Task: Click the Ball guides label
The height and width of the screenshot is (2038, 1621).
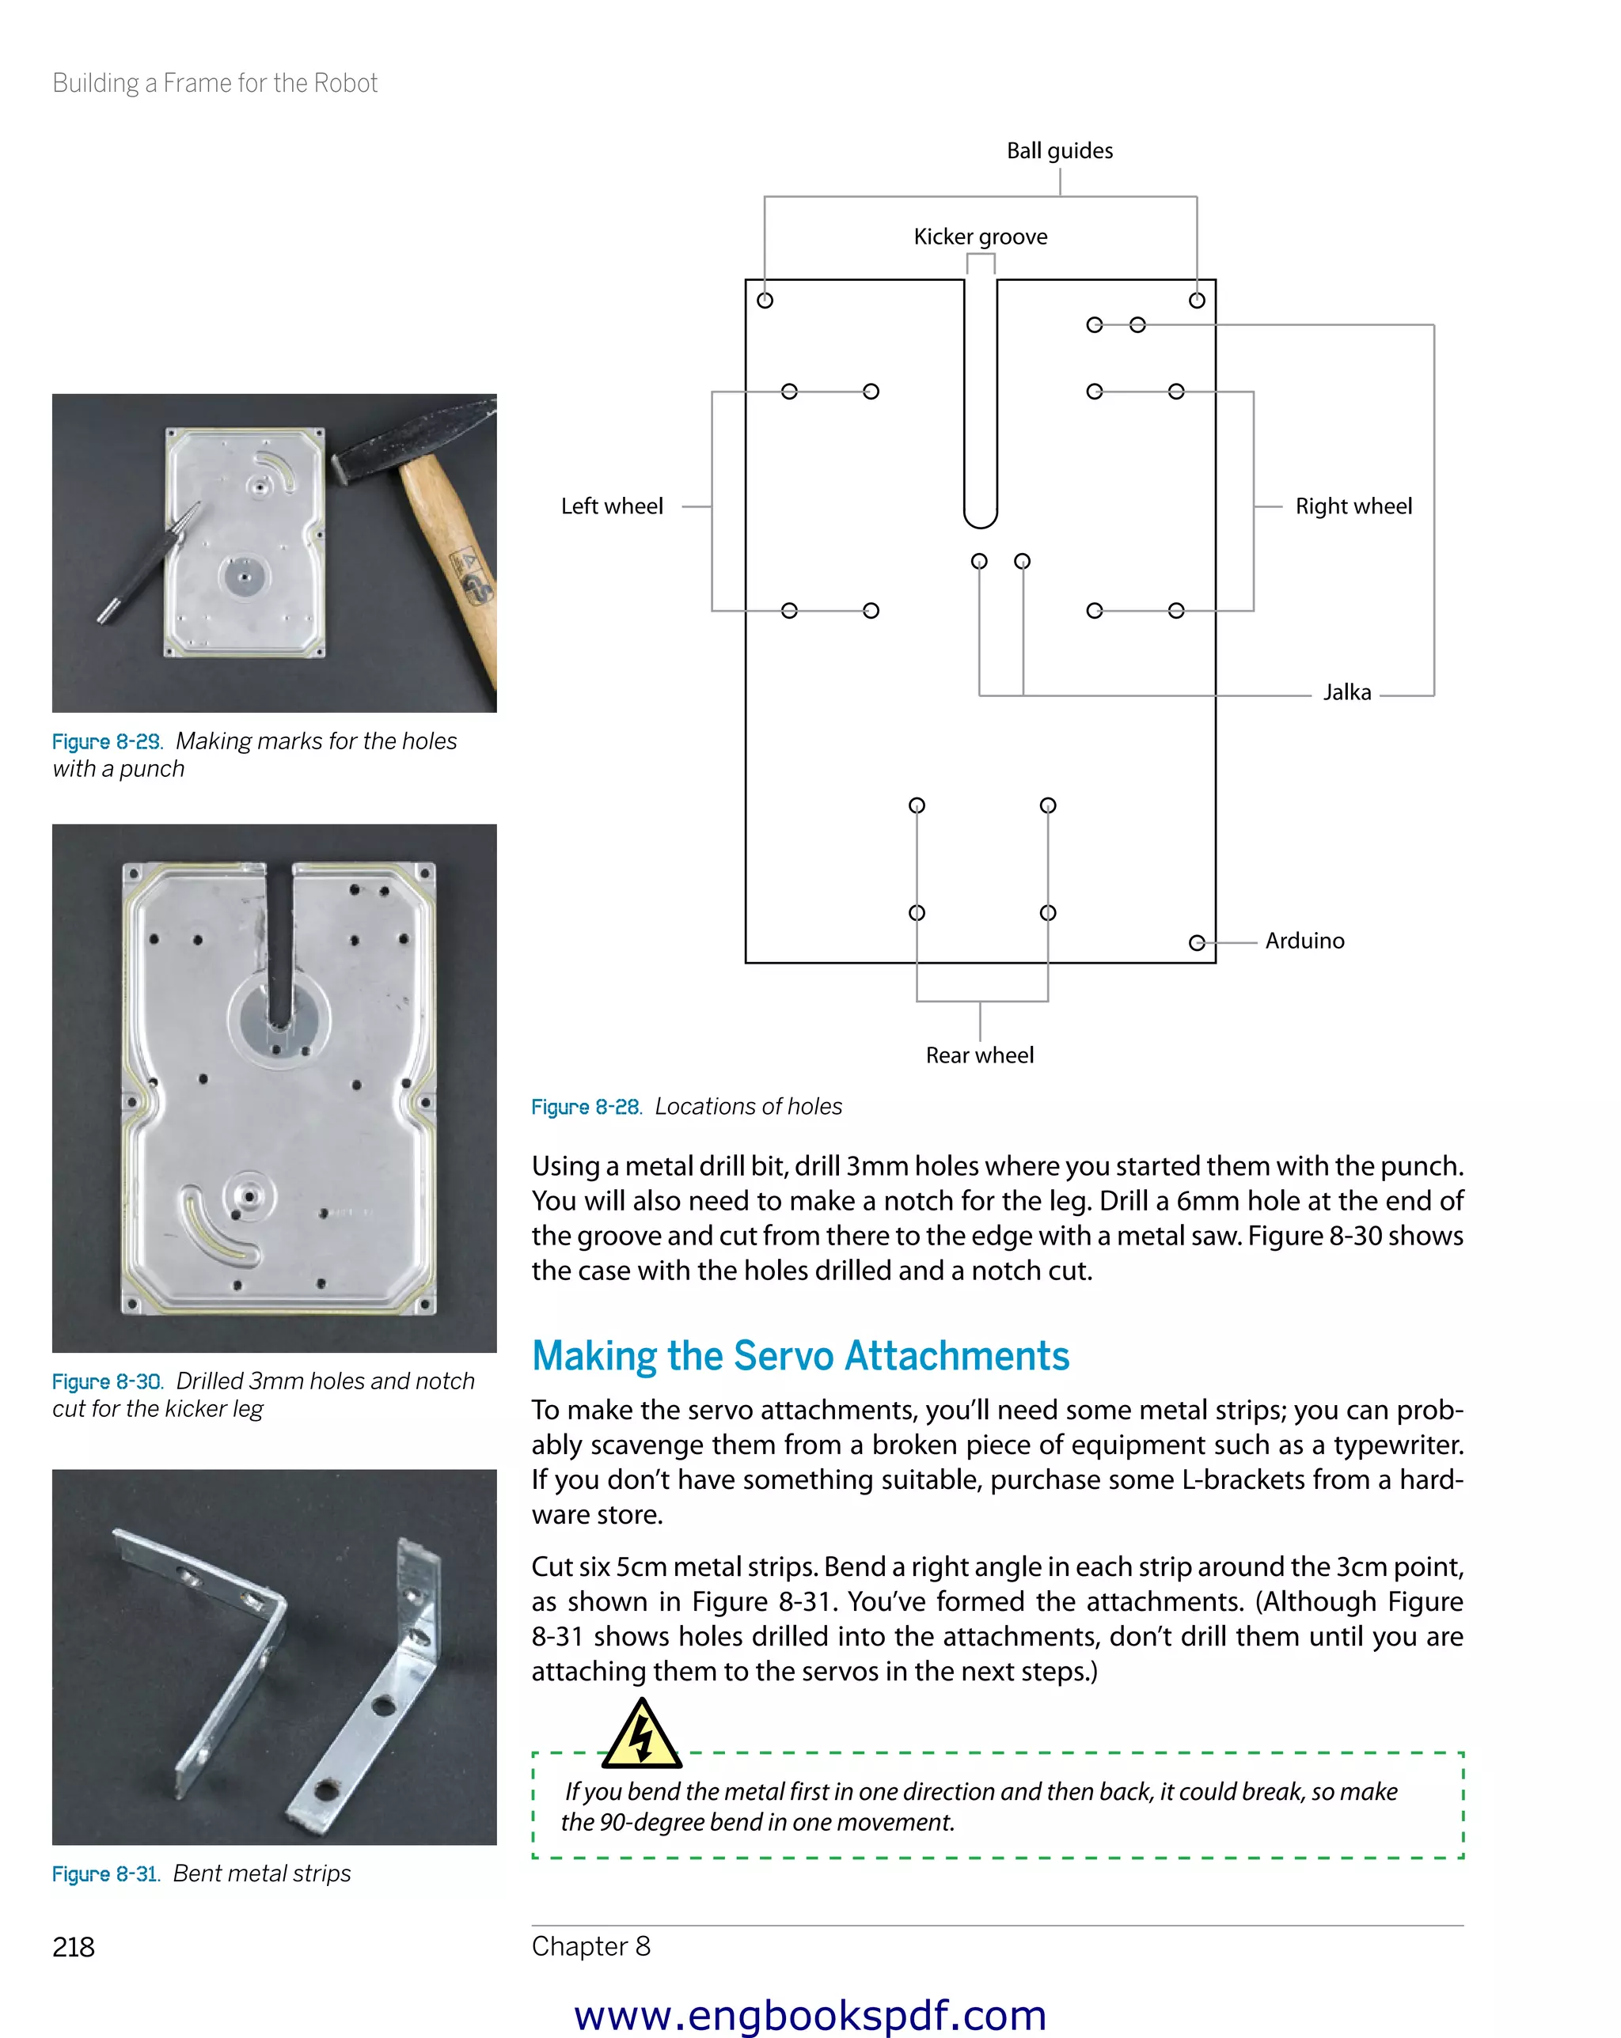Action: pyautogui.click(x=1059, y=151)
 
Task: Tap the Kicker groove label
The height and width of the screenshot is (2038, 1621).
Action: pyautogui.click(x=980, y=237)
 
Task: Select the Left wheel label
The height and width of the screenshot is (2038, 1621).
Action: pyautogui.click(x=611, y=506)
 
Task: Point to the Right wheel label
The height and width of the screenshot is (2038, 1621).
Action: pyautogui.click(x=1353, y=506)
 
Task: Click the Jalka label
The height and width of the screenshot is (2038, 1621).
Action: pyautogui.click(x=1346, y=693)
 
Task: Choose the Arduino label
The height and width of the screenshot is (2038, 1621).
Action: pyautogui.click(x=1304, y=941)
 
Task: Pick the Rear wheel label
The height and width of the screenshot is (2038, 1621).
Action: pyautogui.click(x=979, y=1056)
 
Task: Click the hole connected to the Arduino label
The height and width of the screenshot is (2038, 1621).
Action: pyautogui.click(x=1197, y=942)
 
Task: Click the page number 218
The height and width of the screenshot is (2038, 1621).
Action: pyautogui.click(x=73, y=1947)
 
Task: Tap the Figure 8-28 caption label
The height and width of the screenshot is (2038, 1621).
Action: pyautogui.click(x=587, y=1107)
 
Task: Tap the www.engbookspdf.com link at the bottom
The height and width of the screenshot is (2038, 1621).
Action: pyautogui.click(x=810, y=2014)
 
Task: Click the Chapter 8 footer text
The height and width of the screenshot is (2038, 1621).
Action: pyautogui.click(x=590, y=1946)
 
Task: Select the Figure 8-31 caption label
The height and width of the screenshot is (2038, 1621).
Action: pyautogui.click(x=106, y=1874)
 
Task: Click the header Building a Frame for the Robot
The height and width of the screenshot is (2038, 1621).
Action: pyautogui.click(x=214, y=83)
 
